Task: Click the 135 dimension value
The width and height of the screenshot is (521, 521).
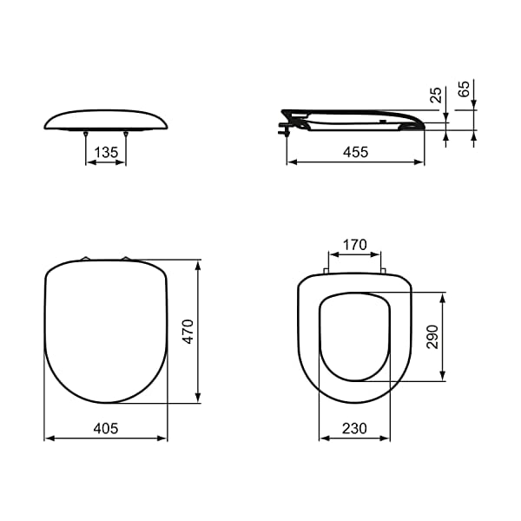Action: (106, 152)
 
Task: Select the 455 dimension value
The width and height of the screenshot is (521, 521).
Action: (355, 152)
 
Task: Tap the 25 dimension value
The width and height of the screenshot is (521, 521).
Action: (436, 94)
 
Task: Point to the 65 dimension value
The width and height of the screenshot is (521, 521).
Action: (464, 89)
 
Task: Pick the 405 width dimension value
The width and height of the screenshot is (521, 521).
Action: (105, 429)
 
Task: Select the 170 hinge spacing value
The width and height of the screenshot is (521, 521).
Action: (354, 245)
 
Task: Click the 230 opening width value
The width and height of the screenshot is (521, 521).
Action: (354, 429)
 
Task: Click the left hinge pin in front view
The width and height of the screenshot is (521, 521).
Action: (86, 134)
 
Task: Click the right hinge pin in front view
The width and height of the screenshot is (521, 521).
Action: (126, 134)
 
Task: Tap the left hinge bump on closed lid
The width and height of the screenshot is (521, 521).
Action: (85, 258)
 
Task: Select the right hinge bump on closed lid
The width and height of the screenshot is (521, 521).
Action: (126, 258)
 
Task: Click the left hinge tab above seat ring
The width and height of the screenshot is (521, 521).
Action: (326, 271)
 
